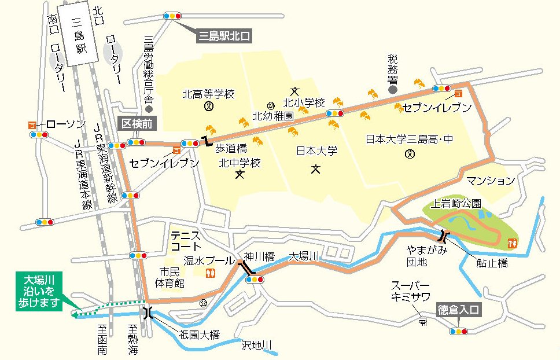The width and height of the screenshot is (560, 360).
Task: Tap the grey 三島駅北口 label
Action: point(224,36)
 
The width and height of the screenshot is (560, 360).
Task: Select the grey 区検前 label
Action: point(136,123)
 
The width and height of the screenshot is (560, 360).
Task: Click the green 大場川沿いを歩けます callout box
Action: point(39,292)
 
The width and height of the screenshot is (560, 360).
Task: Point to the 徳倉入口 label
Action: point(459,310)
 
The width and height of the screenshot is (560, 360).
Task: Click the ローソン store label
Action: point(65,124)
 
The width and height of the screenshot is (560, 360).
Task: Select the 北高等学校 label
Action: point(208,93)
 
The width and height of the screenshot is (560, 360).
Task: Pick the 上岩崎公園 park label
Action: point(456,204)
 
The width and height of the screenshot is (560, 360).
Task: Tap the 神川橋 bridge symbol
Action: point(246,268)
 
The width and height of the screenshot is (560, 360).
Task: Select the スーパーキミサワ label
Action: point(410,290)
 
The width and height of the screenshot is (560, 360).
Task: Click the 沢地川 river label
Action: point(256,346)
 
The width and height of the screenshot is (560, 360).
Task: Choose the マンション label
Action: point(491,181)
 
